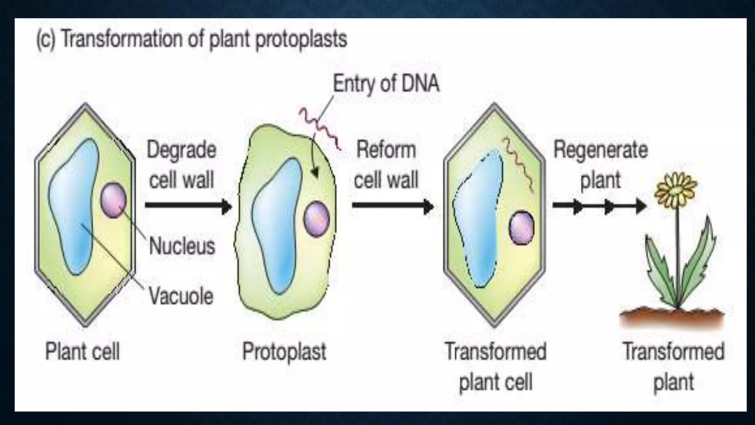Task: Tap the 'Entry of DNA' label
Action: pos(386,83)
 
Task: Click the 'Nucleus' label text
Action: pos(182,246)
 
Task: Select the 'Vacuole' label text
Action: pos(181,296)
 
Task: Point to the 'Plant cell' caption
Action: pos(82,351)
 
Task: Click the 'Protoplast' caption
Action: pos(284,351)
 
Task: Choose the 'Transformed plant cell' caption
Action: pos(495,366)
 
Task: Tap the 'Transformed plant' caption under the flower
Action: pos(674,366)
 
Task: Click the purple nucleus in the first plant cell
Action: pos(113,201)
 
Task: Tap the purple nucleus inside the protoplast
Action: pos(316,219)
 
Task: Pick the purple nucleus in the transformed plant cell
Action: pos(521,228)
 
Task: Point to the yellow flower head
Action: pos(675,190)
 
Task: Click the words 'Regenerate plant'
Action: pos(600,165)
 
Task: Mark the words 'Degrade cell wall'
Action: pos(181,165)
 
